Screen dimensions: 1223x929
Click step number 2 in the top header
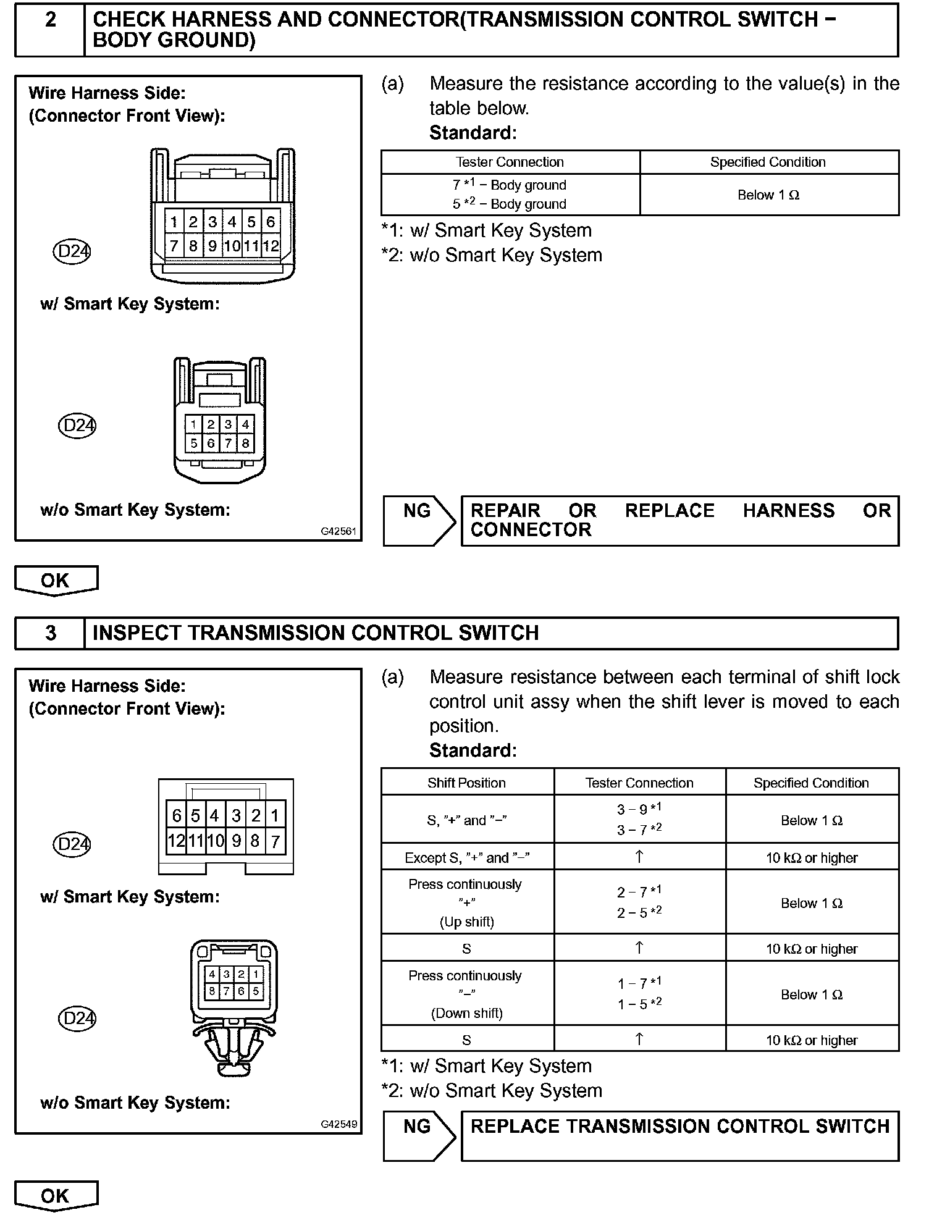[51, 20]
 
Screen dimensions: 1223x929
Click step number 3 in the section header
[51, 633]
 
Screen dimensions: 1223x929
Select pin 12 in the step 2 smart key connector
[271, 246]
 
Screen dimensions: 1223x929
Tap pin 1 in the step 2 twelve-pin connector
[174, 222]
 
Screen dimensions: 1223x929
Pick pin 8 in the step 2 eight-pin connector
[245, 443]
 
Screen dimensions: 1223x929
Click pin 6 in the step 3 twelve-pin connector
[177, 816]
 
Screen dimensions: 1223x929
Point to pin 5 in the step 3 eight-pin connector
[255, 991]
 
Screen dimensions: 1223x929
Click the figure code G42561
[338, 531]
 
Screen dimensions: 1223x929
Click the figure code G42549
[338, 1124]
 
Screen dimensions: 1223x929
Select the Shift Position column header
[466, 783]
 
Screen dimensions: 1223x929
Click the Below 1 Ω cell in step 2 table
[768, 195]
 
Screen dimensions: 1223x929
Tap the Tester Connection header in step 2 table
[510, 162]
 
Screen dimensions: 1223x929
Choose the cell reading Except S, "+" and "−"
[467, 857]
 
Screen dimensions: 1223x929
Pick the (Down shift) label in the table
[466, 1013]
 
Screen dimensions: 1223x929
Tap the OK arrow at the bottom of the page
[56, 1196]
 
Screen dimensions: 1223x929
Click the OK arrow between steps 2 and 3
[56, 581]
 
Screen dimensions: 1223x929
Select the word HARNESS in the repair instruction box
[788, 511]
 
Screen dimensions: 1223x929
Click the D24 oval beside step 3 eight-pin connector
[77, 1018]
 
